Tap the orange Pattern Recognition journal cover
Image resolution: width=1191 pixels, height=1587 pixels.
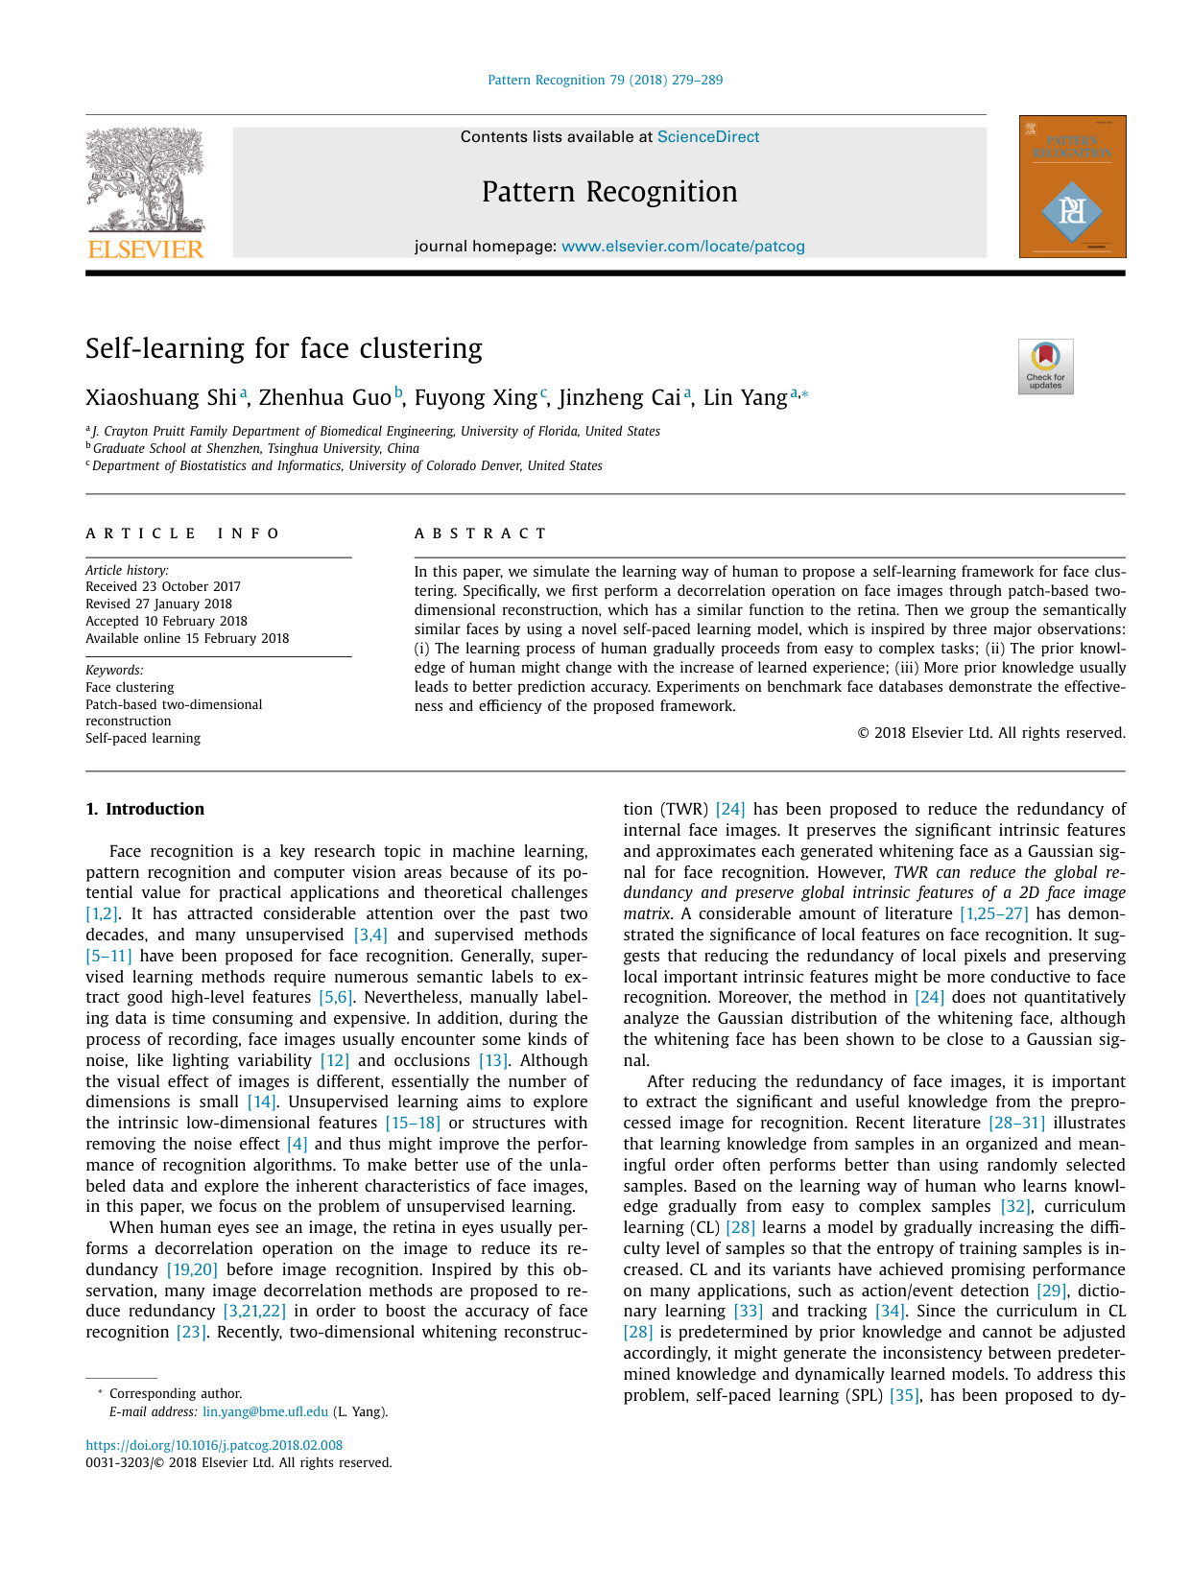click(1072, 186)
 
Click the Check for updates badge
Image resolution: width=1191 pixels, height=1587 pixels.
click(1045, 367)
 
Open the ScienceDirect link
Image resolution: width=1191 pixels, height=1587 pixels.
click(708, 137)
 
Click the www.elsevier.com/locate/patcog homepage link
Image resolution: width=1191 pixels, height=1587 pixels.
click(682, 247)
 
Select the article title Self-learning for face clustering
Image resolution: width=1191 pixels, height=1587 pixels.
click(284, 348)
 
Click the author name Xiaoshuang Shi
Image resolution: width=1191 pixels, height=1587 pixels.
click(160, 398)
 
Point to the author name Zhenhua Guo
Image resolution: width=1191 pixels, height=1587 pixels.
click(324, 398)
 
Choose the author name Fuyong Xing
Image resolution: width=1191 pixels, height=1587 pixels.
click(475, 398)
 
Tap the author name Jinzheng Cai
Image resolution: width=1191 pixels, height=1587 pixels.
click(619, 398)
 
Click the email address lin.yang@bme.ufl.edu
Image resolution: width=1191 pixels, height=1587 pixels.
click(265, 1411)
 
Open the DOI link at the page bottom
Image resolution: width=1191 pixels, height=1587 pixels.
click(214, 1445)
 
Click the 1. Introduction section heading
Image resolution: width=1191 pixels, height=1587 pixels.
click(145, 809)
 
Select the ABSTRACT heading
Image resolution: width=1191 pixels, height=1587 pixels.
click(480, 533)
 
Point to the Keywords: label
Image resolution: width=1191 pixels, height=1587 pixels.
click(114, 670)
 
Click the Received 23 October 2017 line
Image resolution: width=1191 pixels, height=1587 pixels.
click(163, 586)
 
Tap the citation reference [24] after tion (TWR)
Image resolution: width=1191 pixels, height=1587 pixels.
click(730, 809)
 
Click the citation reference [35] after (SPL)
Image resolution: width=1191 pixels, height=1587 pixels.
click(904, 1395)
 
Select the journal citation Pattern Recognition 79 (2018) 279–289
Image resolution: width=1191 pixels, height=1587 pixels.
click(605, 80)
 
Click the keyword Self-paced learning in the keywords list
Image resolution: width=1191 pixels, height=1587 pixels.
click(143, 738)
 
